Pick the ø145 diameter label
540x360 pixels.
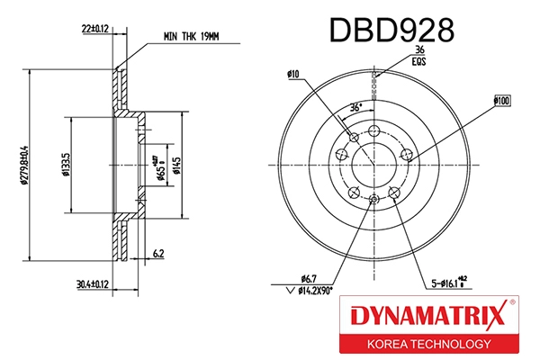tap(176, 165)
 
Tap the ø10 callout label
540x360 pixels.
tap(293, 75)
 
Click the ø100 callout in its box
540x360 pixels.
tap(504, 101)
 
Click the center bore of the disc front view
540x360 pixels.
tap(373, 165)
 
